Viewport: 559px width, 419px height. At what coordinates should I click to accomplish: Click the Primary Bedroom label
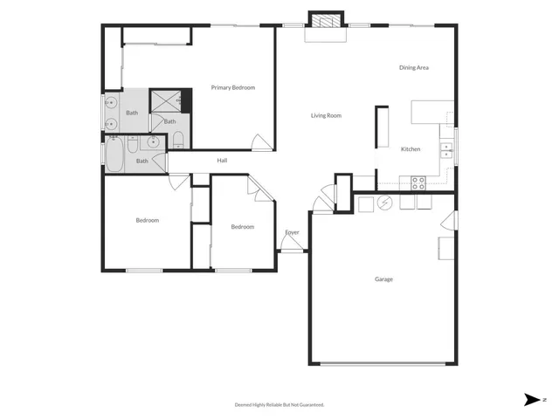coord(233,87)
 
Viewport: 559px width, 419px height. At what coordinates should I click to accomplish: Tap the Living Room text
coord(326,115)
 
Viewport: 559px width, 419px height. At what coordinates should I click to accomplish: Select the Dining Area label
coord(413,67)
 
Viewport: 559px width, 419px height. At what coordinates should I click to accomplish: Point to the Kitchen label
coord(411,149)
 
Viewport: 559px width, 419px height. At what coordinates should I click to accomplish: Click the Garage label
coord(383,279)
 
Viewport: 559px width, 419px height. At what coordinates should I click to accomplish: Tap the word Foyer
coord(293,232)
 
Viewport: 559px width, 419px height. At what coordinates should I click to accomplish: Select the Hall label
coord(222,161)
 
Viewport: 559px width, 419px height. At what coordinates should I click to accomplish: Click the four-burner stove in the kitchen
coord(418,183)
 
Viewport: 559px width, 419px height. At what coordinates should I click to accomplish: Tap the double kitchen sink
coord(446,148)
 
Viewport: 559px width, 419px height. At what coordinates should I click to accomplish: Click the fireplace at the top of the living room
coord(326,21)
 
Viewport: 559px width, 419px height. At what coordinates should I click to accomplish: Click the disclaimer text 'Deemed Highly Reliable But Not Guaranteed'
coord(279,404)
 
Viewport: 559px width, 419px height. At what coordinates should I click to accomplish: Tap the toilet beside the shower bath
coord(176,141)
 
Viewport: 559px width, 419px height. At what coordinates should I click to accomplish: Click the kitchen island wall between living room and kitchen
coord(382,127)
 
